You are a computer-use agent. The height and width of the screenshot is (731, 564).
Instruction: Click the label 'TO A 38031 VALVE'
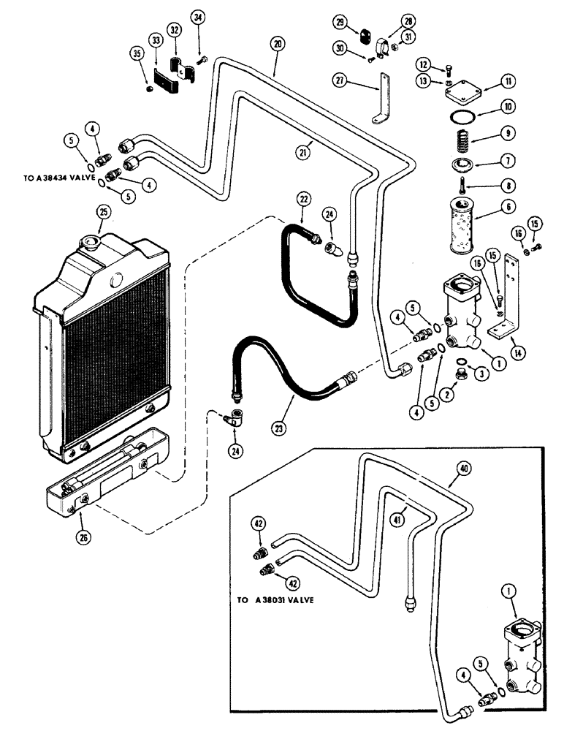(x=275, y=599)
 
